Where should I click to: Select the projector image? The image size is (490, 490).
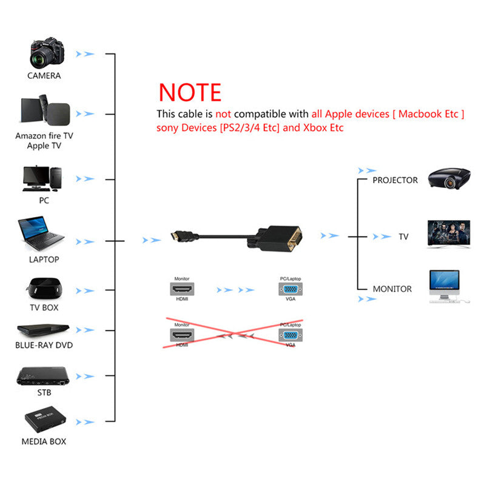[x=449, y=178]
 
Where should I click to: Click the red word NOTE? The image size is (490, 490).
[x=190, y=92]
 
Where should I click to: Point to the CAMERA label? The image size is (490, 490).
[x=44, y=76]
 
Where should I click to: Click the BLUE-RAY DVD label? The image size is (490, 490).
[x=44, y=345]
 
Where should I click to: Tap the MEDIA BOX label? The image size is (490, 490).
[x=44, y=441]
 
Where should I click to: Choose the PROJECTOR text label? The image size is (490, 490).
[x=395, y=180]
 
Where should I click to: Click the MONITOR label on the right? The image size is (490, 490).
[x=392, y=289]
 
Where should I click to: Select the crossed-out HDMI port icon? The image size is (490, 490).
[x=182, y=334]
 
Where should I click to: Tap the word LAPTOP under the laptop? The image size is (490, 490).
[x=44, y=260]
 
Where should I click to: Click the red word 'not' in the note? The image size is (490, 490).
[x=224, y=114]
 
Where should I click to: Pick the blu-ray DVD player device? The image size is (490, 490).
[x=43, y=331]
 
